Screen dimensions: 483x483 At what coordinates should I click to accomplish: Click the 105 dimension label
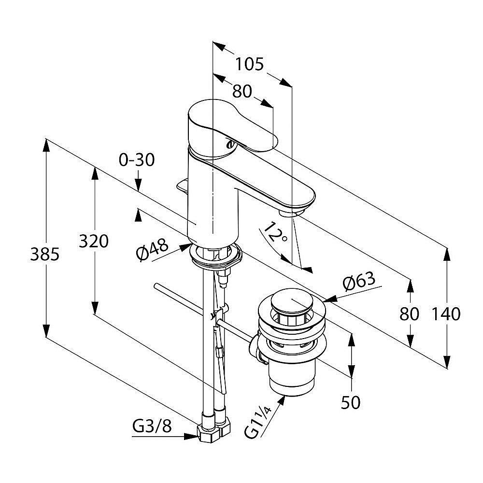pos(250,64)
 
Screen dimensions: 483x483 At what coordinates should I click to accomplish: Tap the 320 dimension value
pos(94,241)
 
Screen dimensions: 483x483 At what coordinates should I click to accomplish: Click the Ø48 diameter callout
pos(152,251)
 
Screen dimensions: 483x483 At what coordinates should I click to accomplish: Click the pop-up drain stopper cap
pos(291,305)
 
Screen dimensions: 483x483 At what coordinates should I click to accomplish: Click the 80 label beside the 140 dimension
pos(410,314)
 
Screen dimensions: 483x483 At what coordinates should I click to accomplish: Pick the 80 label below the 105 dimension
pos(242,91)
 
